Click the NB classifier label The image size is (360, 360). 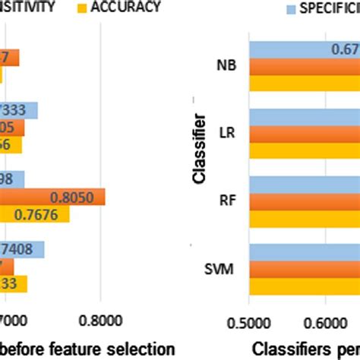(226, 65)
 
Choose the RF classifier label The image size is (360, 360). (227, 201)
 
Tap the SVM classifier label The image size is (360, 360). (223, 268)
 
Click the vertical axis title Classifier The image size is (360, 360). (199, 149)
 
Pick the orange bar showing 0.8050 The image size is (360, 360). (53, 197)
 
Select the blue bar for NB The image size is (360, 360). (304, 49)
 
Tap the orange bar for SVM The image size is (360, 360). (304, 268)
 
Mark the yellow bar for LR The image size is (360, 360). (304, 150)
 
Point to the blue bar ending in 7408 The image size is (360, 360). (23, 249)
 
